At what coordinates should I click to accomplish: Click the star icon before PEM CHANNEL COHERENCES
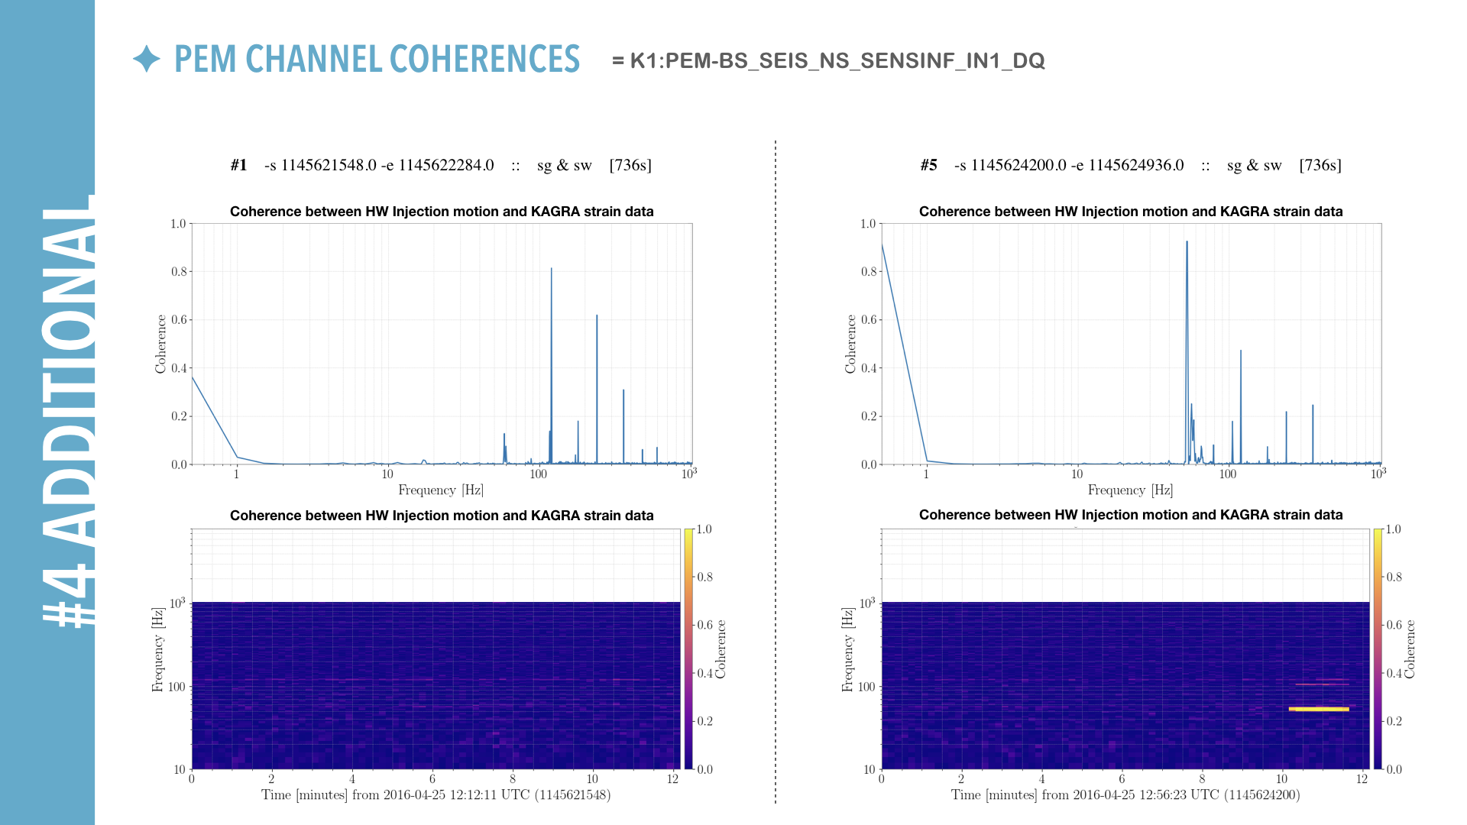pos(146,59)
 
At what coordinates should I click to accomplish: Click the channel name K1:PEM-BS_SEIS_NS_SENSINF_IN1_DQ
pos(837,61)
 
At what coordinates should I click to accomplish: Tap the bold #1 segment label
pos(238,165)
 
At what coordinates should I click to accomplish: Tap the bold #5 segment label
pos(928,165)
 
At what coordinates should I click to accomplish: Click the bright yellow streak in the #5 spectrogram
pos(1319,709)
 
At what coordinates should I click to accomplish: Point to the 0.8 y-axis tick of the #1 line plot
pos(179,272)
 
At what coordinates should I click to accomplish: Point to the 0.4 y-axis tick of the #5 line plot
pos(869,368)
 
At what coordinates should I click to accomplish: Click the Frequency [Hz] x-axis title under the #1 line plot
pos(441,490)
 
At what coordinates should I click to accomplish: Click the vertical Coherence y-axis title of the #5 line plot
pos(850,344)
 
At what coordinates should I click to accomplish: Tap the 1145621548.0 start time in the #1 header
pos(329,165)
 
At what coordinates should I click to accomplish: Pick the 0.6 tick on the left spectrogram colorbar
pos(704,625)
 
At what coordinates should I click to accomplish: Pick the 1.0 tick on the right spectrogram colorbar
pos(1394,529)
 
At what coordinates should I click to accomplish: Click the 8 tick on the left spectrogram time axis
pos(513,779)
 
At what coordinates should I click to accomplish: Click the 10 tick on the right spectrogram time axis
pos(1281,779)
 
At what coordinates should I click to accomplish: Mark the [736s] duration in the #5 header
pos(1320,165)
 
